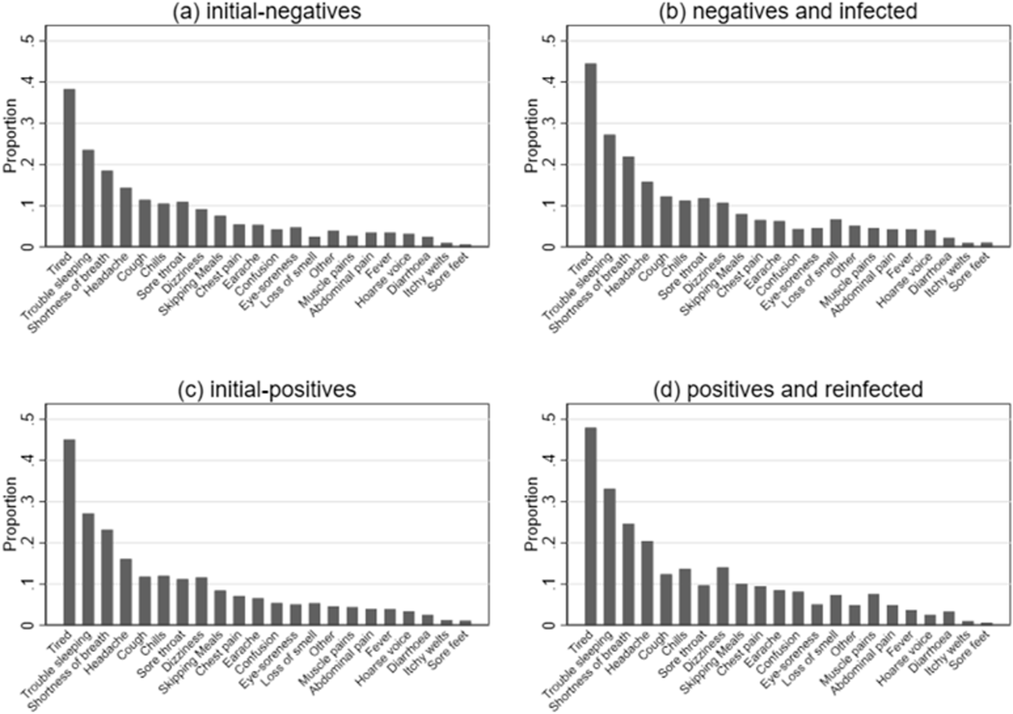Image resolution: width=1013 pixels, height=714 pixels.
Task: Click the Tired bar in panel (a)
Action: pos(69,168)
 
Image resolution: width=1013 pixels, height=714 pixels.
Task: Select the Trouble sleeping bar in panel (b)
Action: pos(609,191)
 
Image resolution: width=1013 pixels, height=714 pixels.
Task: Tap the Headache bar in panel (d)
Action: pos(647,583)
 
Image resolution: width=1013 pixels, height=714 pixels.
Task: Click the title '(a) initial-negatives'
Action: pos(266,11)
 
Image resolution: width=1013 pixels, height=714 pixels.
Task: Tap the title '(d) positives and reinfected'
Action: pos(788,390)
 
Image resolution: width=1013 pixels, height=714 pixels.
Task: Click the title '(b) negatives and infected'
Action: pos(788,11)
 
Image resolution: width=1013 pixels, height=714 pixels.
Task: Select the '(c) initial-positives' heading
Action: pos(266,390)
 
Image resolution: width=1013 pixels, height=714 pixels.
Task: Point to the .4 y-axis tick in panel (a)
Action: pos(33,82)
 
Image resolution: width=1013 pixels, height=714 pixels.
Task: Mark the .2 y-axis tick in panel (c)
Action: pos(33,543)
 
